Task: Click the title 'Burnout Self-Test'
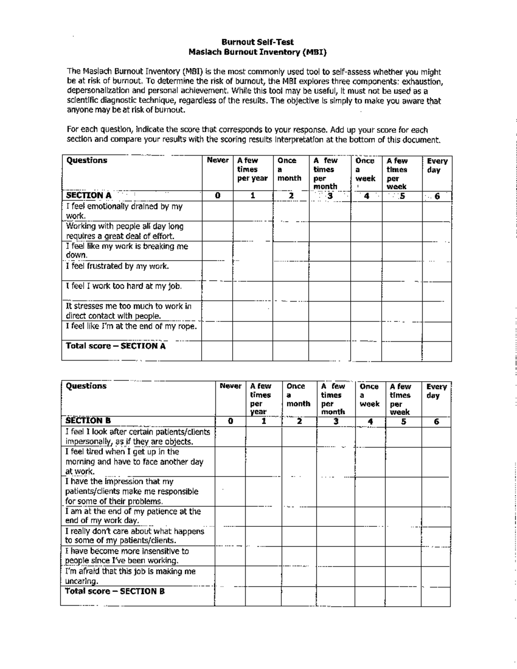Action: click(x=258, y=42)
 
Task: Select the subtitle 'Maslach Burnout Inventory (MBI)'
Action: click(x=258, y=52)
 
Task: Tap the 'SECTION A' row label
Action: click(x=88, y=195)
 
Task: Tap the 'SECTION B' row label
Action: click(x=88, y=420)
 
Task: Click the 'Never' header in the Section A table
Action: click(x=218, y=160)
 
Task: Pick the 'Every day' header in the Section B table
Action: click(x=436, y=391)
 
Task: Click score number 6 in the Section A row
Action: click(x=437, y=196)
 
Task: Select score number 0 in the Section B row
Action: click(x=230, y=421)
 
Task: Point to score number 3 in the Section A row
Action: click(x=330, y=196)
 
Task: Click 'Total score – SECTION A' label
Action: click(x=115, y=346)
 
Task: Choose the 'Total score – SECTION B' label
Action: click(x=115, y=591)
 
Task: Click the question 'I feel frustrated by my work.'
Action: click(x=117, y=266)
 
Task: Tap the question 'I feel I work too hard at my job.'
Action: click(x=124, y=286)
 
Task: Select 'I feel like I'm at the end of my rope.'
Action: click(x=131, y=326)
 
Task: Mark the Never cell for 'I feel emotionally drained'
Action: click(x=218, y=212)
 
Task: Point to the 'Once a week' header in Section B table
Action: click(x=369, y=395)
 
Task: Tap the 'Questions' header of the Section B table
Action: click(x=86, y=386)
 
